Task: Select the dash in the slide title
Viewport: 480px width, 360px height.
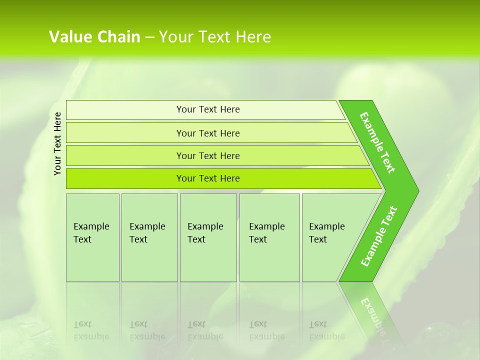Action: tap(149, 37)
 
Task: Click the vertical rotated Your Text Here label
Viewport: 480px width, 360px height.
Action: tap(57, 143)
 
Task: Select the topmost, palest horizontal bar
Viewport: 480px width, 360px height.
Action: tap(207, 109)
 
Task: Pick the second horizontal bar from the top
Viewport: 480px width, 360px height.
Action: tap(207, 133)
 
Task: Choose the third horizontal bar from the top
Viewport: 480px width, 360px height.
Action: tap(207, 155)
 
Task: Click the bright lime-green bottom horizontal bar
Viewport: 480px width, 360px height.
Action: tap(207, 178)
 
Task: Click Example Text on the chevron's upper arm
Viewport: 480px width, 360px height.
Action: tap(377, 142)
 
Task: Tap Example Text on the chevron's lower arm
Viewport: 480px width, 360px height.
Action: tap(379, 236)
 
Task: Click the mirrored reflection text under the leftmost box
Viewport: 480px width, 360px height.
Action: tap(91, 330)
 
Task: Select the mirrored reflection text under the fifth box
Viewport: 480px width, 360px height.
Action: tap(327, 330)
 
